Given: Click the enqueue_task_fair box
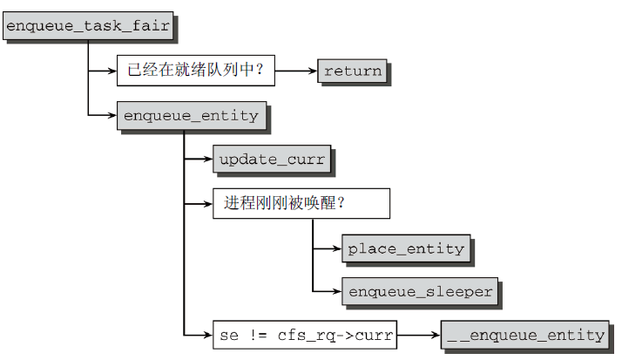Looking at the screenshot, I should [86, 26].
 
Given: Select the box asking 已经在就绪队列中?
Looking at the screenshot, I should [195, 71].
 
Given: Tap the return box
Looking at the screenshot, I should [352, 71].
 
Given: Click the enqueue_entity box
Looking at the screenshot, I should [191, 115].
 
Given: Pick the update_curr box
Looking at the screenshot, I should [271, 160].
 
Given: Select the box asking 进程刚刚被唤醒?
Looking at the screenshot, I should [301, 203].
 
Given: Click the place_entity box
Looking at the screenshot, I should [405, 248].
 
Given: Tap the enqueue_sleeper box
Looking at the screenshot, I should [420, 292].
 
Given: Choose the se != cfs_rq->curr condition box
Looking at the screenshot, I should [304, 335].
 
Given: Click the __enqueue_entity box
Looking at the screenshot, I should [524, 335].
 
